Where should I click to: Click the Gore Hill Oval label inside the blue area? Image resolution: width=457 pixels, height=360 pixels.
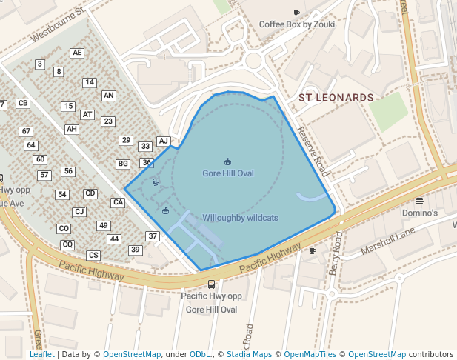click(228, 173)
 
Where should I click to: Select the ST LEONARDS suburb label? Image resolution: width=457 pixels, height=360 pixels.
click(336, 98)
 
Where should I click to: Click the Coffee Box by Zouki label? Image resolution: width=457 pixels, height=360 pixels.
click(296, 24)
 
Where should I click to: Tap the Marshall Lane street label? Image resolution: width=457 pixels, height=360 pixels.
click(387, 241)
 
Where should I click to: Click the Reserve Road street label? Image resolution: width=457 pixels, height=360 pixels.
click(312, 151)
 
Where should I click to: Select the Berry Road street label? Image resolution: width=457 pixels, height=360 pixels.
click(336, 253)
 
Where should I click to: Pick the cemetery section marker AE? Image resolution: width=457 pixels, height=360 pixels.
click(77, 53)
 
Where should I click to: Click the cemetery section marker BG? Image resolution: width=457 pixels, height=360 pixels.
click(123, 164)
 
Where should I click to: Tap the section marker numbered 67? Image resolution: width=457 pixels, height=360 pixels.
click(26, 131)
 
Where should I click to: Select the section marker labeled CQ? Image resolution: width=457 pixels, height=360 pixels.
click(67, 244)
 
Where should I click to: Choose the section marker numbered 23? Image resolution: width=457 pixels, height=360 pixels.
click(108, 121)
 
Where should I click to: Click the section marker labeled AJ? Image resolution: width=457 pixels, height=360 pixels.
click(164, 141)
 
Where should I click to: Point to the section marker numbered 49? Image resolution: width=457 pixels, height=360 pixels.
click(104, 226)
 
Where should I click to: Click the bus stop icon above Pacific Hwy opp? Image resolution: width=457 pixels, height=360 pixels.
click(211, 284)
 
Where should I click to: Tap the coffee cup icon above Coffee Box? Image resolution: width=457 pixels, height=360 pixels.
click(297, 13)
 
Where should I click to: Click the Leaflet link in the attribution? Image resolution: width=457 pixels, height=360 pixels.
click(41, 355)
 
